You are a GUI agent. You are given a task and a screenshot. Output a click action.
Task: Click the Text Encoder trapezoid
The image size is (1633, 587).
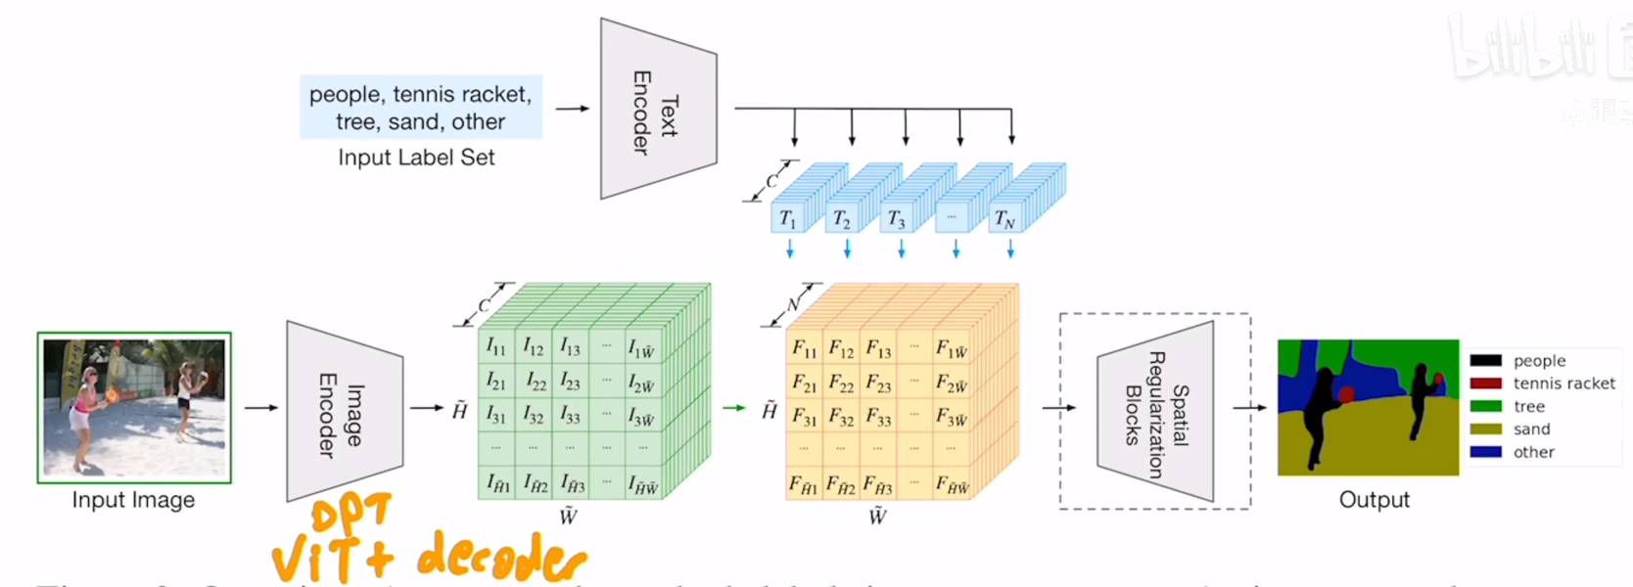pos(657,110)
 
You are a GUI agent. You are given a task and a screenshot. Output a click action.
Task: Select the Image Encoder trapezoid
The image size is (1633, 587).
pos(343,411)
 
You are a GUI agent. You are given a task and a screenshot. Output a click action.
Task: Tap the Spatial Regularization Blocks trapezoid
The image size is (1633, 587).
pos(1156,411)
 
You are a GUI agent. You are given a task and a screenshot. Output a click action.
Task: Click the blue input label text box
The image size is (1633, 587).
pos(420,108)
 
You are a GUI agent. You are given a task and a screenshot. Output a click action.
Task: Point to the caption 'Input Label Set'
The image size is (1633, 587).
pos(416,158)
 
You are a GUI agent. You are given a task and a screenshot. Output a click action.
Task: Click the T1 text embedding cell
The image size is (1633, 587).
pos(787,219)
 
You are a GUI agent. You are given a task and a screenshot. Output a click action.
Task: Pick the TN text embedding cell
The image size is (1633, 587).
pos(1004,219)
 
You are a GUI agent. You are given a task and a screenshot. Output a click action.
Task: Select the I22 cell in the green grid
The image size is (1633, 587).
pos(535,381)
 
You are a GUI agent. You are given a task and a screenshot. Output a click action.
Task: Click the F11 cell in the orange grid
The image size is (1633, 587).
pos(805,348)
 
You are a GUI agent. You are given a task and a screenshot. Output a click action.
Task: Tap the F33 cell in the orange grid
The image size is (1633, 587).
pos(878,418)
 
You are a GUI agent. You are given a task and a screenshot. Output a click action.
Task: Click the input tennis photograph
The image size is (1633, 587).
pos(134,407)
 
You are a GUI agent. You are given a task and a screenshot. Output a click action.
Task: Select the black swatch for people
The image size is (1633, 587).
pos(1485,361)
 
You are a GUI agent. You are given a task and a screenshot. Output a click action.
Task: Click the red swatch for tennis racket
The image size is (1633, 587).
pos(1485,384)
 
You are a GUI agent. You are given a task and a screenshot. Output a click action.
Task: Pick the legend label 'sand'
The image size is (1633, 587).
pos(1531,429)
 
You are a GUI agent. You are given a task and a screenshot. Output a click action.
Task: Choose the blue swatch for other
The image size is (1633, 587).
pos(1485,452)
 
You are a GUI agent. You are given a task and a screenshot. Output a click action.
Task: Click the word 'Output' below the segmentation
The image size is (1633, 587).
pos(1374,500)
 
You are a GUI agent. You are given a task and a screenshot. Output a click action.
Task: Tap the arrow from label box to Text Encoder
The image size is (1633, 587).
pos(573,109)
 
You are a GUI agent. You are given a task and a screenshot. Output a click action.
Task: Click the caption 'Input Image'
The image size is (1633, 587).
pos(133,500)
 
